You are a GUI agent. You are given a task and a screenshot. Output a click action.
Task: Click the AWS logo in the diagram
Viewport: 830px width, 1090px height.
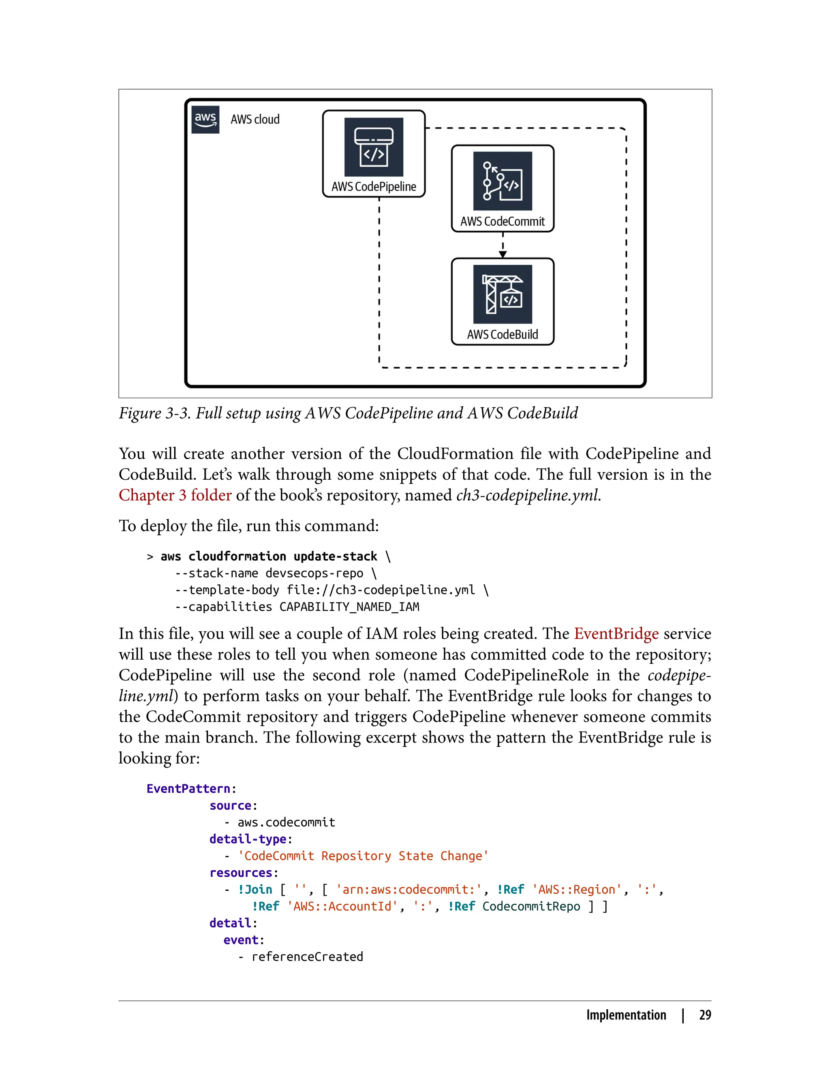click(205, 119)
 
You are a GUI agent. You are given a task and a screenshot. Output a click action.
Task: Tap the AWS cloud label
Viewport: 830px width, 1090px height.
click(255, 120)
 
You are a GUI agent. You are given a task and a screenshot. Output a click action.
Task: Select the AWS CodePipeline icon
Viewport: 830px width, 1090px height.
click(374, 147)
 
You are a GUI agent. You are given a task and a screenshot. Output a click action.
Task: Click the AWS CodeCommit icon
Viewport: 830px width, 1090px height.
click(503, 181)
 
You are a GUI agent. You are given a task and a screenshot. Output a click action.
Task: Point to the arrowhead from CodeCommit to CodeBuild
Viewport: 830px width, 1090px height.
click(503, 254)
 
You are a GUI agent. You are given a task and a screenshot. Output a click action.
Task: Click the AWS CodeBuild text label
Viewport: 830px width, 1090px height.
click(503, 335)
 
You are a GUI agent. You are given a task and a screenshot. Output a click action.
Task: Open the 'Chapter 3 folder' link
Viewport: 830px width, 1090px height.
click(175, 495)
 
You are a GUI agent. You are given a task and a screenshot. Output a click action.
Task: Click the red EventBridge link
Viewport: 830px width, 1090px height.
click(616, 633)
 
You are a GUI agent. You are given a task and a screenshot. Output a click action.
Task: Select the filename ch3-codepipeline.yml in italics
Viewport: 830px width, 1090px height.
click(528, 495)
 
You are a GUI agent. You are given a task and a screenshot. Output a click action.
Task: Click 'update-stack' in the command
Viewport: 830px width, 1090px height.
click(335, 557)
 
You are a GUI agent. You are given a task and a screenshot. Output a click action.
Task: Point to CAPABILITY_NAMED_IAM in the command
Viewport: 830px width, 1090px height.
click(349, 607)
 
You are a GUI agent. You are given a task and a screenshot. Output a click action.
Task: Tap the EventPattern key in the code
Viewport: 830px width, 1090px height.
click(188, 788)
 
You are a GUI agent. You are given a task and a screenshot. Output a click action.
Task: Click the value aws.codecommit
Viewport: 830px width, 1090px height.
click(286, 822)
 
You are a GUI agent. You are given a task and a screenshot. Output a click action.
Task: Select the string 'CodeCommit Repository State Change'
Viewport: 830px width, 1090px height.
click(363, 856)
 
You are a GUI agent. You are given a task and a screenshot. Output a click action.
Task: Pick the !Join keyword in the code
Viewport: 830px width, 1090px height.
click(255, 889)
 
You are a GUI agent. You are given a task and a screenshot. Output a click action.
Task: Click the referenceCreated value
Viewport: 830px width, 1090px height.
click(307, 957)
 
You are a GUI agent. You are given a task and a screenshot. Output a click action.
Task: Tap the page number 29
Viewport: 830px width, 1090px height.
click(705, 1015)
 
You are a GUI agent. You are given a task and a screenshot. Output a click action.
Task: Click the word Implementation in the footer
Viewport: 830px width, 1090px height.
click(626, 1015)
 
